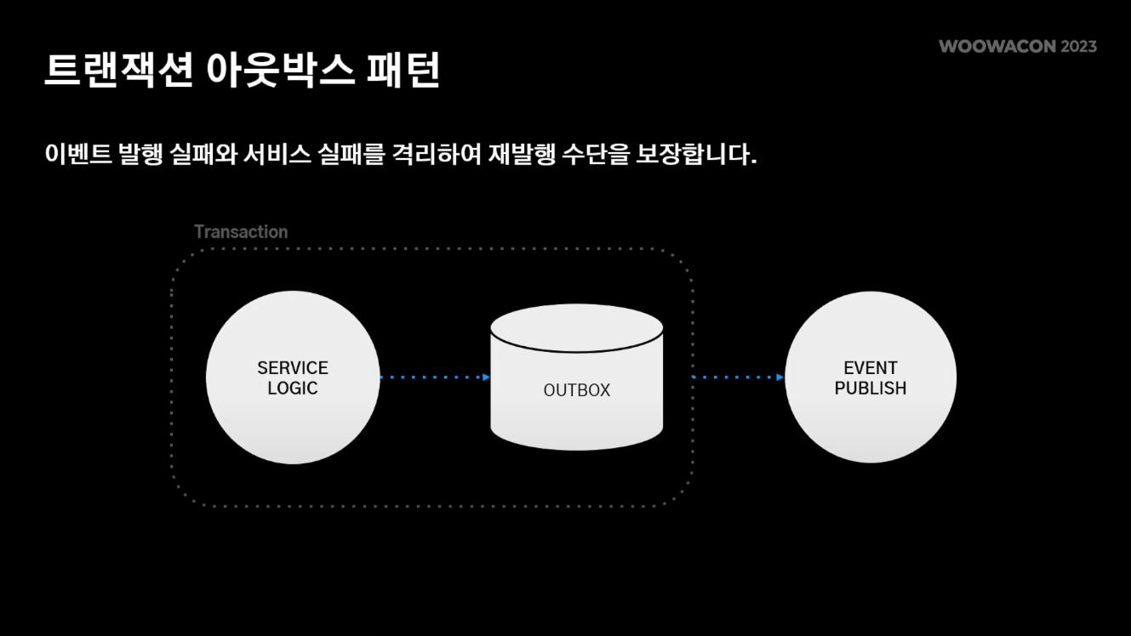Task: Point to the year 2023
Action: tap(1078, 47)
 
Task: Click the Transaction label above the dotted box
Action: tap(241, 231)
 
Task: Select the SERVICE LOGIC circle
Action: tap(293, 378)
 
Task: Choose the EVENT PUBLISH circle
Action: tap(871, 378)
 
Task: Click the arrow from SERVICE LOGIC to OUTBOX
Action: tap(435, 377)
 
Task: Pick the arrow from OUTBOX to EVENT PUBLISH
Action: tap(738, 377)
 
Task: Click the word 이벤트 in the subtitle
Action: tap(78, 155)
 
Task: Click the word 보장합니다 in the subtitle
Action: tap(695, 155)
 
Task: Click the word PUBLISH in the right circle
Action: tap(871, 389)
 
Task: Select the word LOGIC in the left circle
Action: tap(293, 389)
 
